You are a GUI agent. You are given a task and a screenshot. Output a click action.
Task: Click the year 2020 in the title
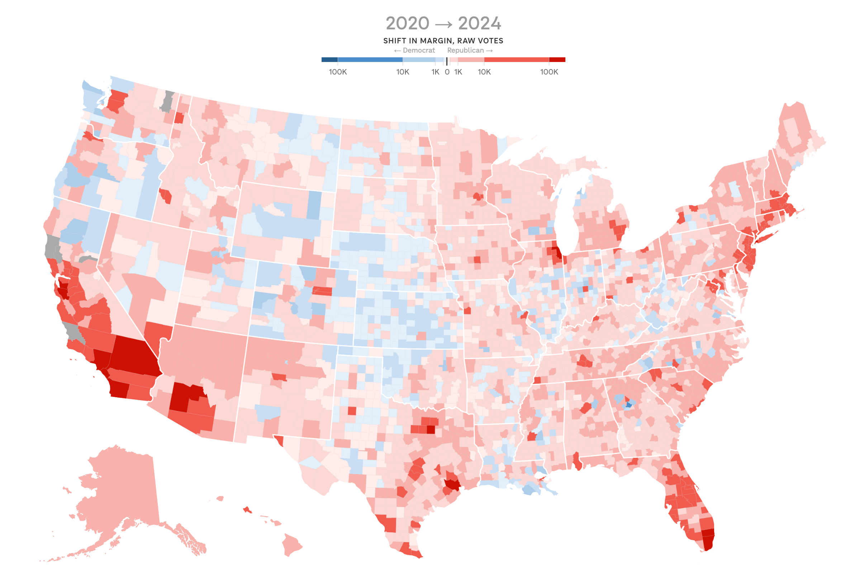pyautogui.click(x=407, y=24)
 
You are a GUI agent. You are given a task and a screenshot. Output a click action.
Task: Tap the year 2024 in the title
pyautogui.click(x=479, y=24)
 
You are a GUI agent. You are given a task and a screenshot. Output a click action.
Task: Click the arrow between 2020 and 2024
pyautogui.click(x=443, y=25)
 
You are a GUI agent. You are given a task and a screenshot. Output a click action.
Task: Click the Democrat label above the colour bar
pyautogui.click(x=418, y=50)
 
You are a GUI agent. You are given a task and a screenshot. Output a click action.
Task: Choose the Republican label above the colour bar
pyautogui.click(x=465, y=50)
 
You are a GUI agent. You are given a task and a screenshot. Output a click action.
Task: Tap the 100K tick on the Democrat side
pyautogui.click(x=337, y=72)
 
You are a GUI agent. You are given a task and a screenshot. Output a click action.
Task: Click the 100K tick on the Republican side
pyautogui.click(x=549, y=72)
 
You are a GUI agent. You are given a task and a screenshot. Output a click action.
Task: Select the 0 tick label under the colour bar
pyautogui.click(x=447, y=72)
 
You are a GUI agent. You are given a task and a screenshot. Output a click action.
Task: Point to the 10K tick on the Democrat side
pyautogui.click(x=403, y=72)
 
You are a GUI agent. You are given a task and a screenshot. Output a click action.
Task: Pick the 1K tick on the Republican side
pyautogui.click(x=458, y=72)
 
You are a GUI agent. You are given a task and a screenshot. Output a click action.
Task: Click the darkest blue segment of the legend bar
pyautogui.click(x=329, y=59)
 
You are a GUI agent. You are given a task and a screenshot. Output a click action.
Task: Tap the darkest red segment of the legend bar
pyautogui.click(x=557, y=59)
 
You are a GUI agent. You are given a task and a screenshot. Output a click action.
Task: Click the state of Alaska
pyautogui.click(x=121, y=485)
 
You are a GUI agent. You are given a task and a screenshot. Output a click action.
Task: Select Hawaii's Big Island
pyautogui.click(x=291, y=544)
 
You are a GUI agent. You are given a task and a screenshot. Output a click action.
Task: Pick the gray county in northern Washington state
pyautogui.click(x=167, y=101)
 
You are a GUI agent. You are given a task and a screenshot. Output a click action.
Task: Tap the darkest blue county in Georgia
pyautogui.click(x=629, y=405)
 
